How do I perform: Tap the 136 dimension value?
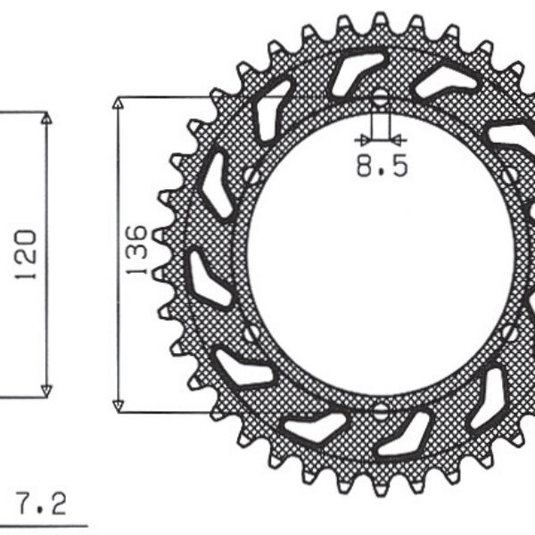click(135, 251)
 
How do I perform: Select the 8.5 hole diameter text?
click(382, 166)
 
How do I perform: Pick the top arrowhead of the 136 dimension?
click(117, 102)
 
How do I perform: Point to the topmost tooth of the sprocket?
click(381, 19)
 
